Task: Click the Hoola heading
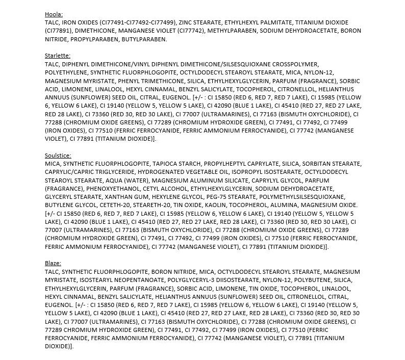[53, 14]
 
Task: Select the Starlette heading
[57, 55]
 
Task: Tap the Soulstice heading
[58, 155]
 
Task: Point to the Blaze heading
[53, 263]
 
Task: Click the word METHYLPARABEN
[232, 31]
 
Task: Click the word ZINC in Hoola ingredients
[188, 22]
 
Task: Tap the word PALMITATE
[281, 22]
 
